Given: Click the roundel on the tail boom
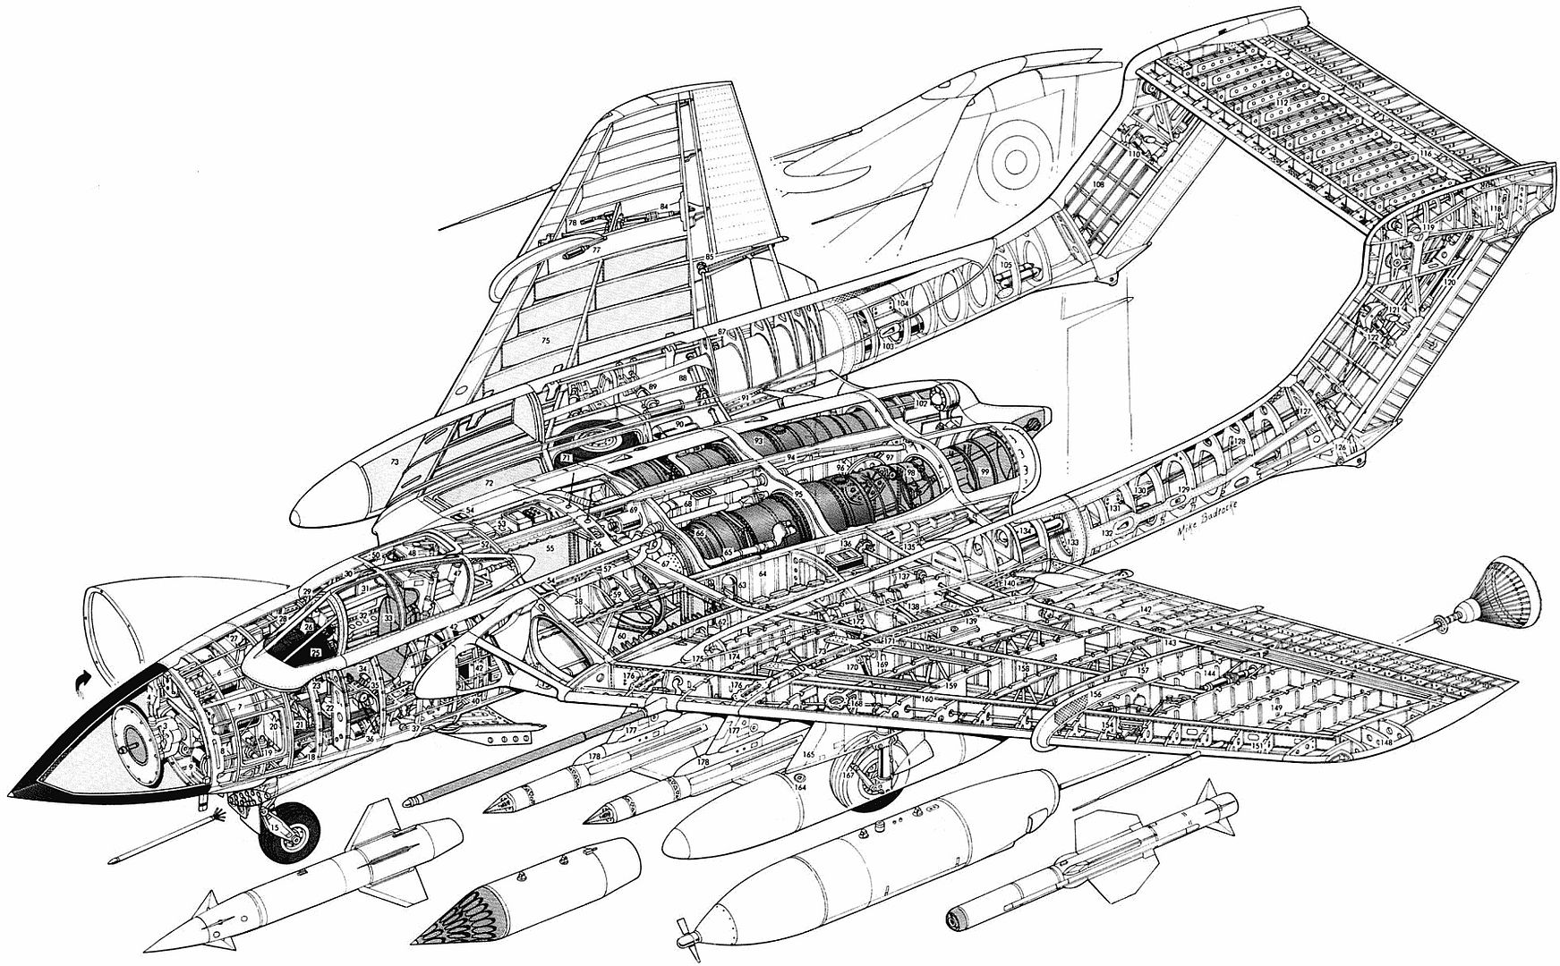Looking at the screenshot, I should pos(1015,159).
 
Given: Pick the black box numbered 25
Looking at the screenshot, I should pos(315,654).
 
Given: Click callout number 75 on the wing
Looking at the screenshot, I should pos(544,341).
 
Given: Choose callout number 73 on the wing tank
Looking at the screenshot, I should pos(394,462).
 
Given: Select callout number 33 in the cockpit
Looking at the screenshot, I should pos(388,617).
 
